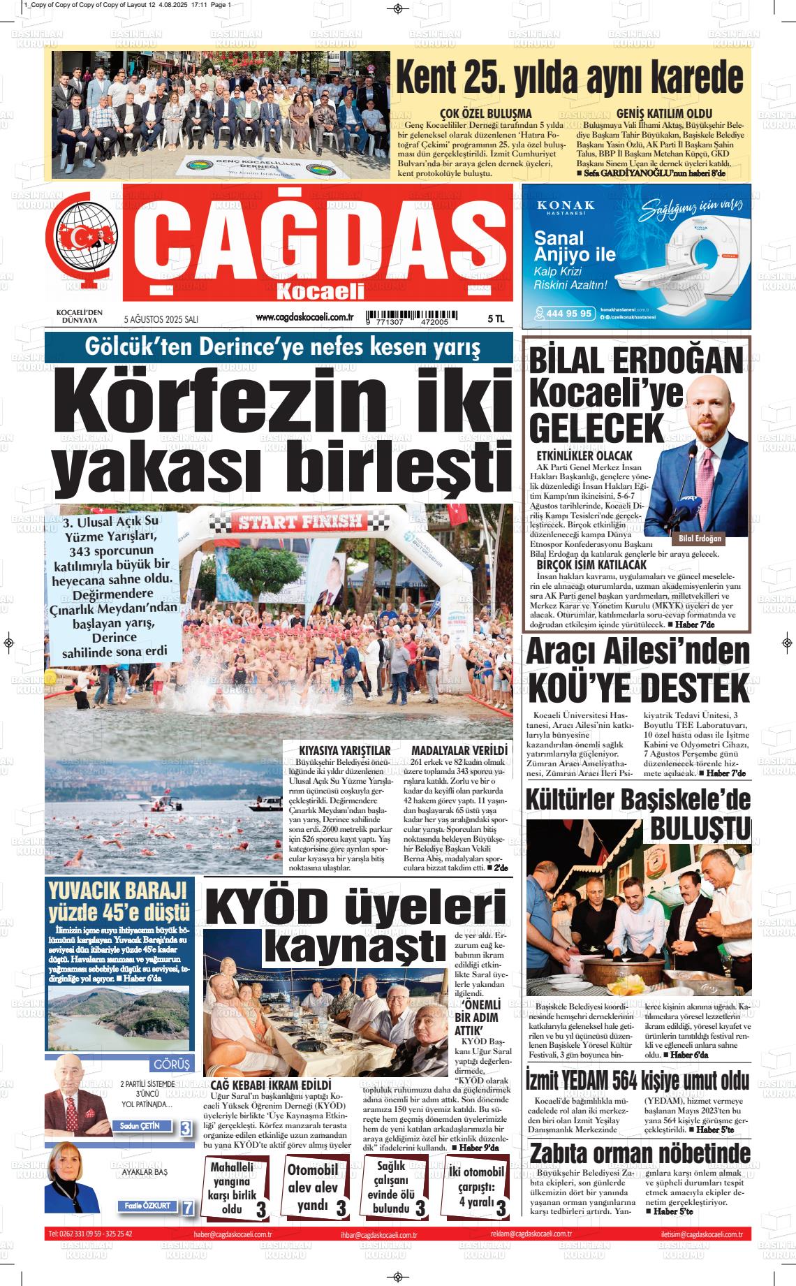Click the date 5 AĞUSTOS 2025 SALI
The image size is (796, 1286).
pyautogui.click(x=161, y=319)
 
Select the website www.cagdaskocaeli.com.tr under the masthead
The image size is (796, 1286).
pyautogui.click(x=305, y=317)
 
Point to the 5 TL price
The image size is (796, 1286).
pyautogui.click(x=496, y=319)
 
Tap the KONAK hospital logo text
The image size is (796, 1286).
pyautogui.click(x=566, y=205)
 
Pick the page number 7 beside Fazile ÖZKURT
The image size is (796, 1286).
pyautogui.click(x=187, y=1208)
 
